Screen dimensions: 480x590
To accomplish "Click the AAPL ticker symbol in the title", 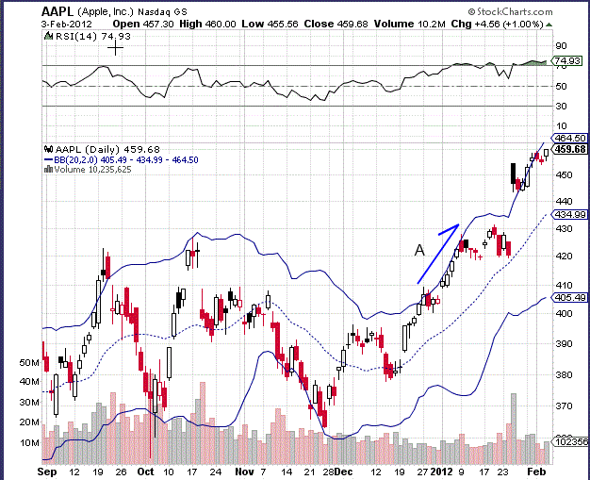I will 58,11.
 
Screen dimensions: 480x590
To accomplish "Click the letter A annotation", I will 419,250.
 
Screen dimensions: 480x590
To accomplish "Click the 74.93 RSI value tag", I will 569,61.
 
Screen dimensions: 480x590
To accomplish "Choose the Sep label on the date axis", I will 47,470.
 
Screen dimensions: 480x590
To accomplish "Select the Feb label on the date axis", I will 533,470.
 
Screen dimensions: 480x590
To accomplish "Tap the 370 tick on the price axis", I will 564,406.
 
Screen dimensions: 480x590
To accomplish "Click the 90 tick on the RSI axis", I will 560,44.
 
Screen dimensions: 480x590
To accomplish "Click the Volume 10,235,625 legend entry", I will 92,170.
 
